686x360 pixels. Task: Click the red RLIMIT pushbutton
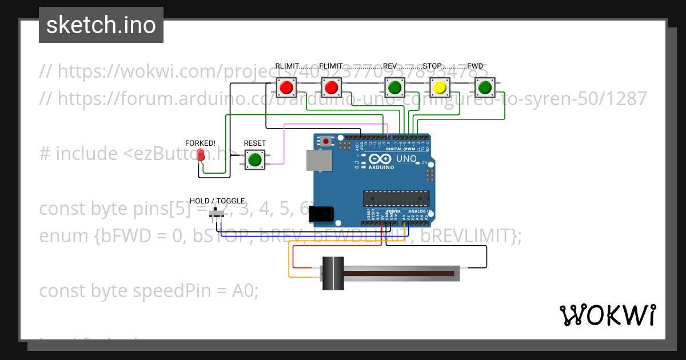(x=286, y=87)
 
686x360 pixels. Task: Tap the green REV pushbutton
(x=393, y=87)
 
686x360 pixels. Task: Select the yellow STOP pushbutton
(x=439, y=87)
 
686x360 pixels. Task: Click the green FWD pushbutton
(x=485, y=87)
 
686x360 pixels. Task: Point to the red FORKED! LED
(x=201, y=155)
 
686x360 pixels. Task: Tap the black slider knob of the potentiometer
(x=332, y=273)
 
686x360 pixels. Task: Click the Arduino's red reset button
(x=326, y=141)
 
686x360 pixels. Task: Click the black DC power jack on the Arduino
(x=321, y=213)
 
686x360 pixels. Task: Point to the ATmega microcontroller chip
(x=396, y=198)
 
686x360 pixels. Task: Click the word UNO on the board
(x=407, y=158)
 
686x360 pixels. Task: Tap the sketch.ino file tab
(x=101, y=25)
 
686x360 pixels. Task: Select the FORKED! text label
(x=200, y=143)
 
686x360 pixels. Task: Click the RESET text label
(x=254, y=143)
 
